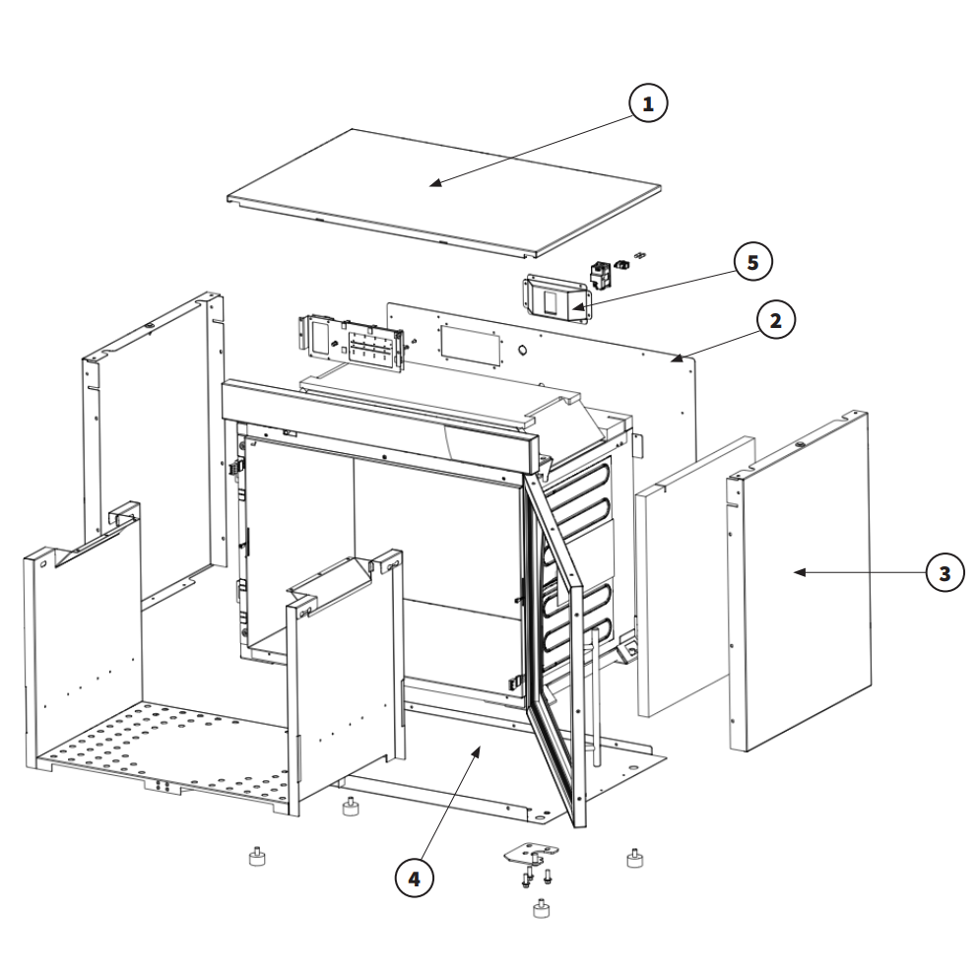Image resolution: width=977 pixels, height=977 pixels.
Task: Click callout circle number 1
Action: click(x=648, y=103)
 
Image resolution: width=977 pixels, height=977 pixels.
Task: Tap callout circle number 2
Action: click(x=776, y=320)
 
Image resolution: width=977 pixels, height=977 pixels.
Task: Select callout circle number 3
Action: click(x=944, y=572)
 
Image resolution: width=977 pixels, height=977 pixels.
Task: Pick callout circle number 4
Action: click(x=415, y=879)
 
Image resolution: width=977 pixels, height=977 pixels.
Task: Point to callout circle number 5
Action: click(x=752, y=262)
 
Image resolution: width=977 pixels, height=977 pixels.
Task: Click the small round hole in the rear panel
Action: click(x=523, y=352)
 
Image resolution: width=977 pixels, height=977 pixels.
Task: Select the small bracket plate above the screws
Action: click(x=530, y=852)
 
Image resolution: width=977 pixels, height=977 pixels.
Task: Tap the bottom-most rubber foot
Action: click(x=542, y=908)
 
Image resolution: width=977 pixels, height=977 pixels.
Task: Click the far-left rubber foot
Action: click(x=257, y=857)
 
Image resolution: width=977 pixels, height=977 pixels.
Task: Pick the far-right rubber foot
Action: click(x=634, y=858)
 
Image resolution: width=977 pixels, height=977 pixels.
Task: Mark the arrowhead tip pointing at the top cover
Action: click(x=430, y=185)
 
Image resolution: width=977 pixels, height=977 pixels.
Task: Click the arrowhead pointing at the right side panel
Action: click(x=794, y=572)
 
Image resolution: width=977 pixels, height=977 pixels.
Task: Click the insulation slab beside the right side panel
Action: click(x=696, y=576)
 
